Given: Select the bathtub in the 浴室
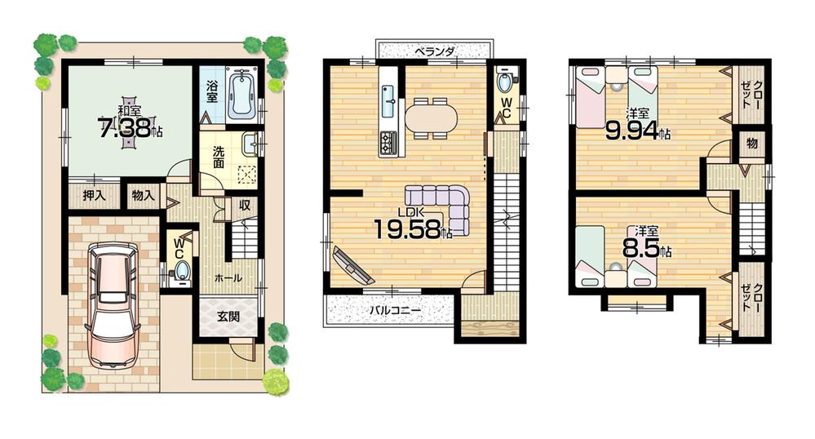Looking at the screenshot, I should (242, 95).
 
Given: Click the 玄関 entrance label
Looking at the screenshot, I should (228, 317).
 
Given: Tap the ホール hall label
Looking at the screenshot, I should (228, 278).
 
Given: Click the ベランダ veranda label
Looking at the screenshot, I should (433, 50).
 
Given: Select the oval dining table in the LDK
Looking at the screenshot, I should (432, 117).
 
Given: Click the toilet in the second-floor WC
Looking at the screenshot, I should (505, 84).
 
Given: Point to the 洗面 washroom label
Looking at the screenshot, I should (219, 157).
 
